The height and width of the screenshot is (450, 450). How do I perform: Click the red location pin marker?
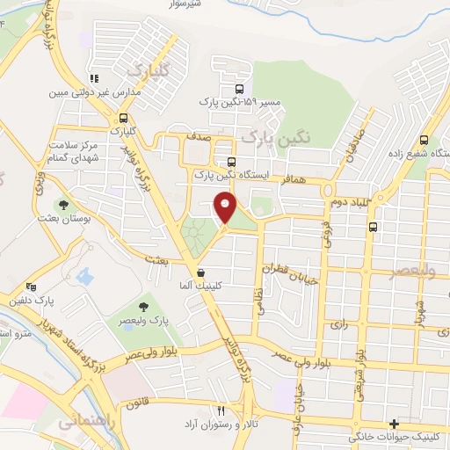point(226,208)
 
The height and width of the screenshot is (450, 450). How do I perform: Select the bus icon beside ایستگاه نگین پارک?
point(231,162)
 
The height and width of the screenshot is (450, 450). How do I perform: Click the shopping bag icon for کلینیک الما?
point(202,272)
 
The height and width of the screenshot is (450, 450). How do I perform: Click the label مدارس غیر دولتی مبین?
point(84,91)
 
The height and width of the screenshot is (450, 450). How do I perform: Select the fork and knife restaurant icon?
point(221,410)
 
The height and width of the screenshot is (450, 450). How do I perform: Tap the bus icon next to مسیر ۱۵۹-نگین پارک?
point(240,88)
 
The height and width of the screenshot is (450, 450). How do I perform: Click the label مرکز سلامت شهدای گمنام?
point(80,150)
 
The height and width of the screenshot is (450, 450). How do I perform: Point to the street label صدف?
point(197,137)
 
